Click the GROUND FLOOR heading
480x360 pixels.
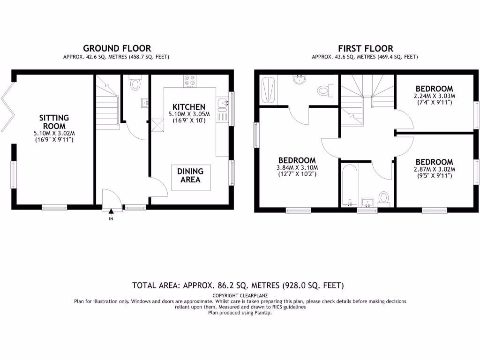pyautogui.click(x=117, y=48)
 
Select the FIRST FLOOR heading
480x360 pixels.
pyautogui.click(x=366, y=48)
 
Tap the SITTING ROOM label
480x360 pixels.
pyautogui.click(x=54, y=122)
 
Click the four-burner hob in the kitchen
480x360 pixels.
pyautogui.click(x=190, y=81)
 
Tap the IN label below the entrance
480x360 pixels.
pyautogui.click(x=111, y=218)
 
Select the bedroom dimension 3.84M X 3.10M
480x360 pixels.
pyautogui.click(x=297, y=167)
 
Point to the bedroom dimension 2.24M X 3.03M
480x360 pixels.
pyautogui.click(x=435, y=96)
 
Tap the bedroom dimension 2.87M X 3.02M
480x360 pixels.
pyautogui.click(x=434, y=169)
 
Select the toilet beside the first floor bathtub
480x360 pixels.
pyautogui.click(x=384, y=199)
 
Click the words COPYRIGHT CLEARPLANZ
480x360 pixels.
pyautogui.click(x=240, y=295)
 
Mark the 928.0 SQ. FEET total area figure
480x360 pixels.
pyautogui.click(x=314, y=285)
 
